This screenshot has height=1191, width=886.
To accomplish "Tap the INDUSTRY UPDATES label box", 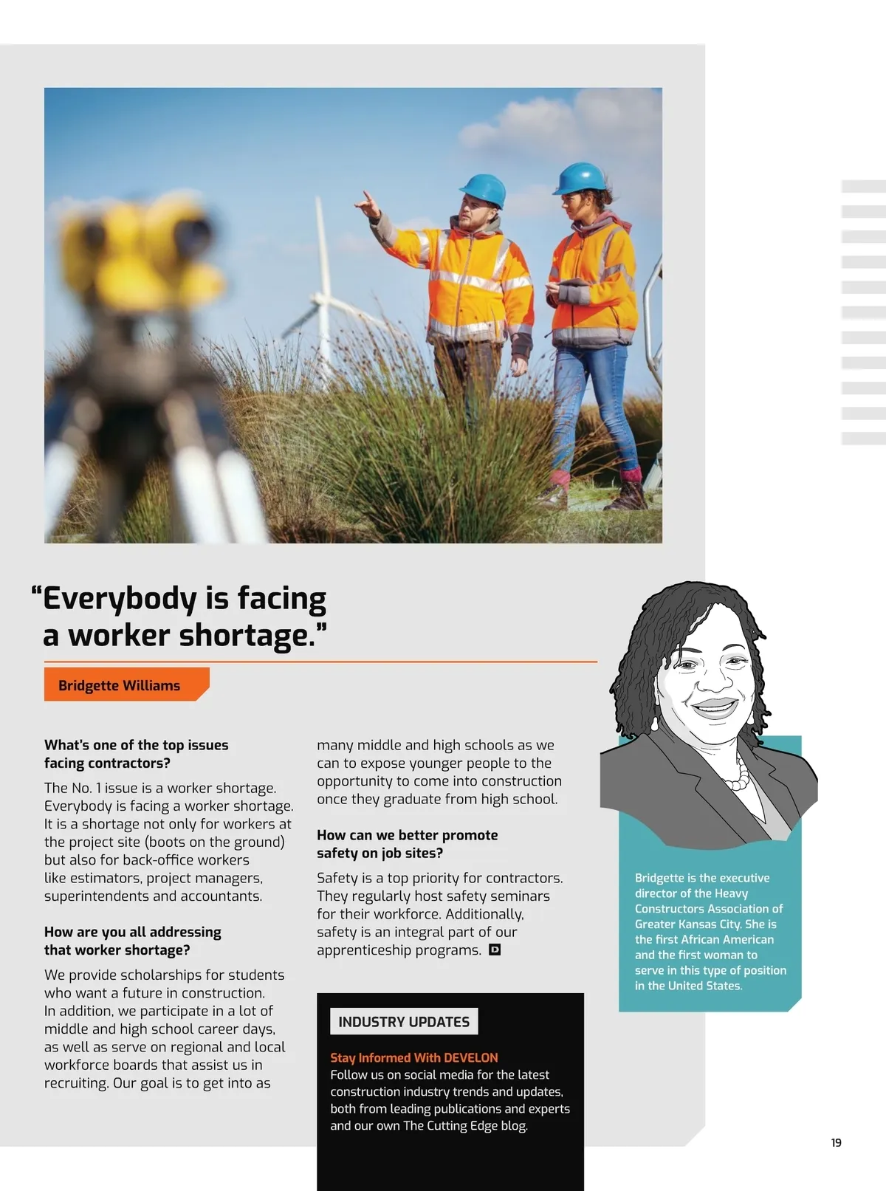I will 403,1021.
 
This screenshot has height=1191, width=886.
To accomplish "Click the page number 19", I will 836,1142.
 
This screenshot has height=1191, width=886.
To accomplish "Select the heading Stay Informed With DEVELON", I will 413,1057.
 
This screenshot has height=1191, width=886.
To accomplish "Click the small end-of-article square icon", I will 495,950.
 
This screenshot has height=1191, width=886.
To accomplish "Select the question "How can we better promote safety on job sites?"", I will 407,844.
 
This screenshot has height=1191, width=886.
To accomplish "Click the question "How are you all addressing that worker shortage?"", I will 132,941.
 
